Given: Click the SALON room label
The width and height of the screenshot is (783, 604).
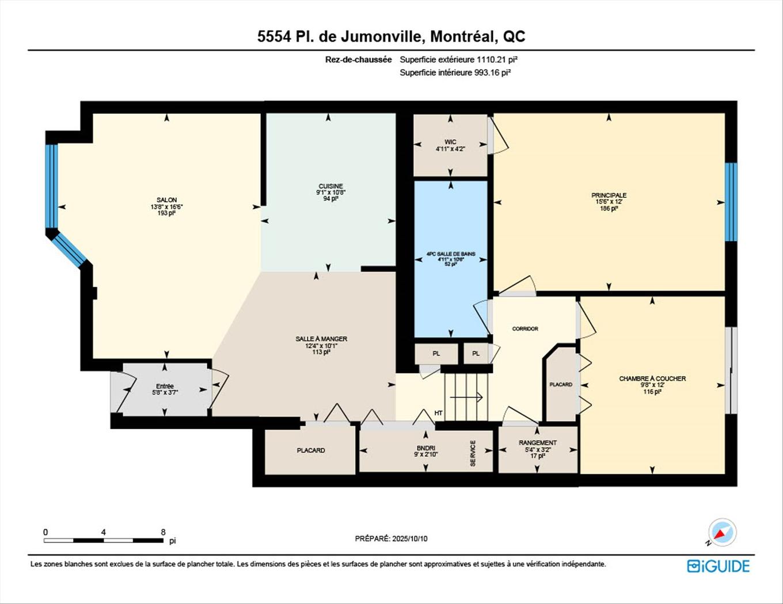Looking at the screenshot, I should [x=167, y=200].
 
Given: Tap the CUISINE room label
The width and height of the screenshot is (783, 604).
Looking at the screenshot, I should [x=330, y=186].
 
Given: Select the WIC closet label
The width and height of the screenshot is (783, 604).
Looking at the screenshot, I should [x=450, y=142].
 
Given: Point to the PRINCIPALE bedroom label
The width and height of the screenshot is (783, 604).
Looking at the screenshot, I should [x=609, y=196].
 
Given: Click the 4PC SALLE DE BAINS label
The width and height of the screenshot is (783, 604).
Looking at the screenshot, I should [x=450, y=254].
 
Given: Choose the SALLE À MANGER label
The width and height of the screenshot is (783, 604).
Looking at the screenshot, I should [x=321, y=339].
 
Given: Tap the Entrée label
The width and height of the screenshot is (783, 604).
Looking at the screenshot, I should [x=165, y=387].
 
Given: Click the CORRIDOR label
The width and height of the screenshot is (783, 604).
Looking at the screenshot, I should [x=525, y=329].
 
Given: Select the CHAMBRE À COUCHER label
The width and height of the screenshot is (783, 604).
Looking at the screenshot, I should [x=652, y=379].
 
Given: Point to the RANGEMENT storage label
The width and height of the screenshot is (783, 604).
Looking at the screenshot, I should [x=537, y=443].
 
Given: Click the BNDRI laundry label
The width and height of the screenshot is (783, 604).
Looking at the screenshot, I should [x=426, y=448].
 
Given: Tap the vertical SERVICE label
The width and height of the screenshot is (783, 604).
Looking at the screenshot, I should [x=473, y=453].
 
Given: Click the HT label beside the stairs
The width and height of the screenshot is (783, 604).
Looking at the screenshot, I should [x=439, y=413].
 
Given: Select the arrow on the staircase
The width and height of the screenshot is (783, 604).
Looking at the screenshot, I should [x=466, y=397].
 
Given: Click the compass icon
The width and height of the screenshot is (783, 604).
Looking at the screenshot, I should [x=721, y=533].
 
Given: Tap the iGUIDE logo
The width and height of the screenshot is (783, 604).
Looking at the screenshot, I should [x=719, y=566].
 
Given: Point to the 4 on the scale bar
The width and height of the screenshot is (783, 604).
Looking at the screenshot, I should [x=104, y=533].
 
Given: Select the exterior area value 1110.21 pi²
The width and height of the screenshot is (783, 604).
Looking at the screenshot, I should [x=494, y=59].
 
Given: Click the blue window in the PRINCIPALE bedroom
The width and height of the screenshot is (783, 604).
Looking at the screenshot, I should [x=731, y=202].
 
